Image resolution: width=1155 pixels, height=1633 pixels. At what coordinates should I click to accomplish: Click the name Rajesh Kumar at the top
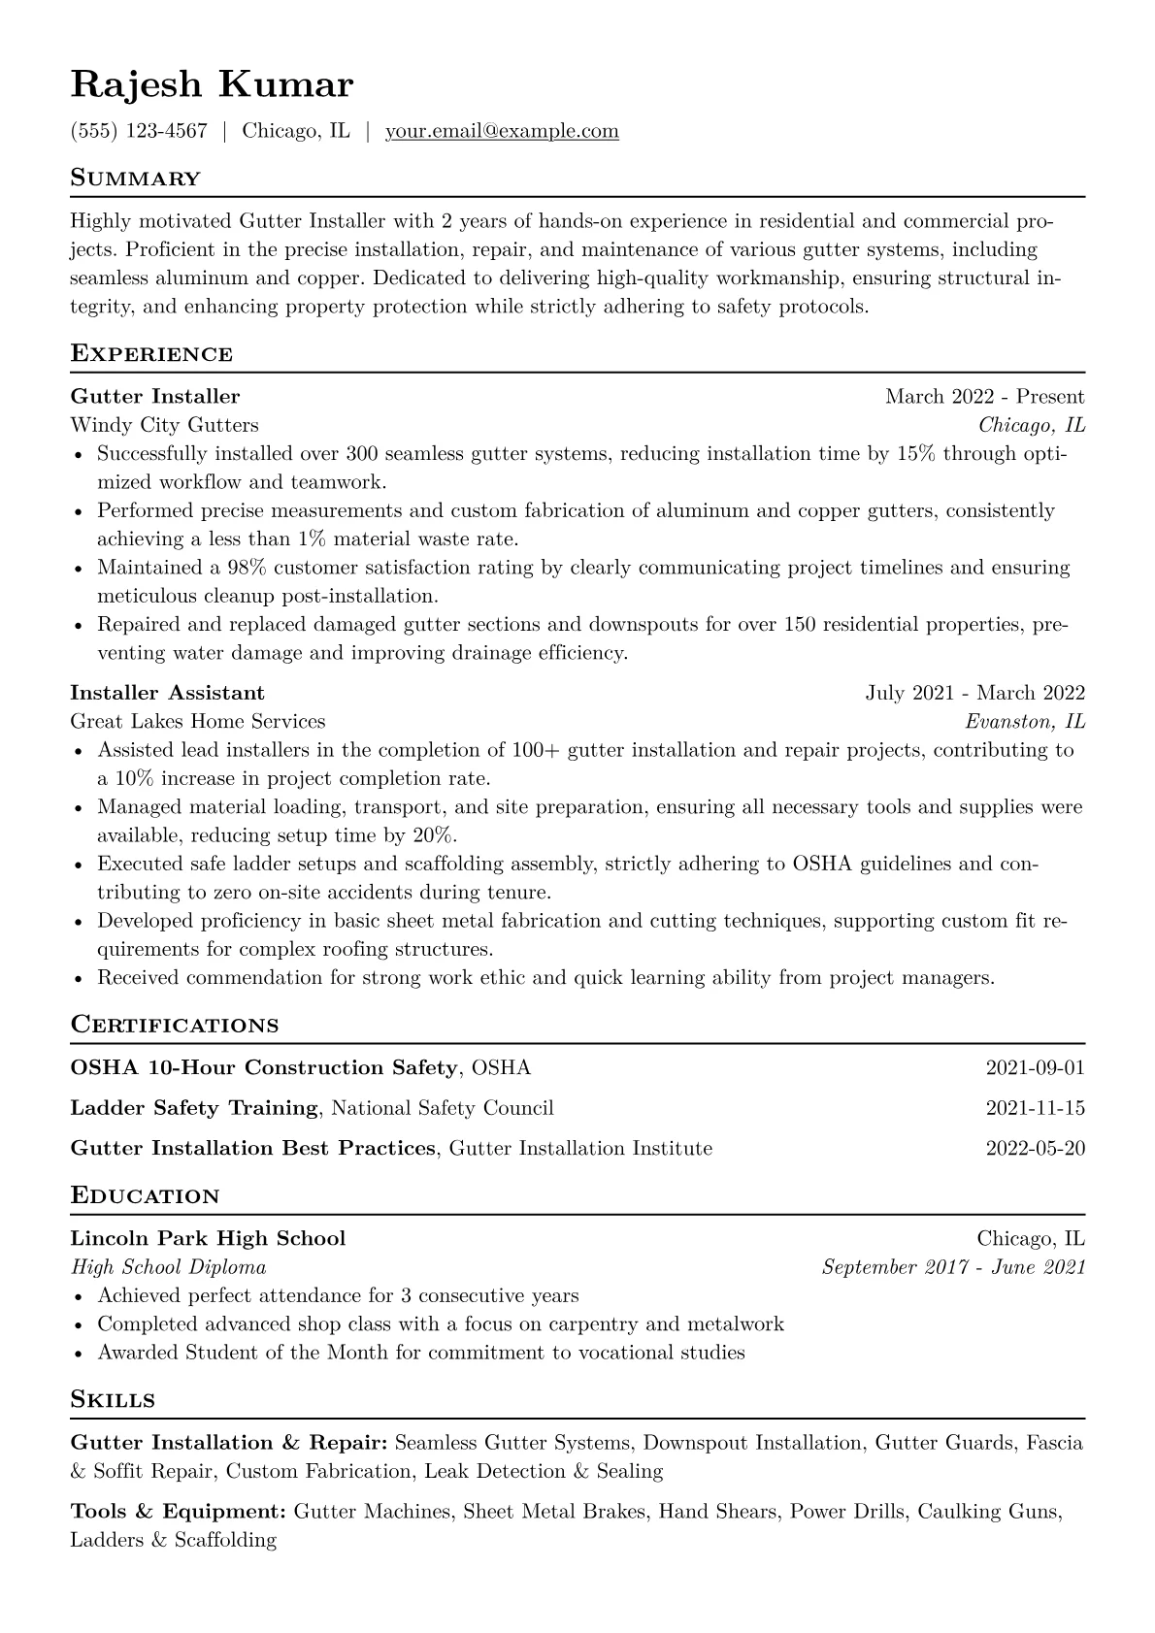(212, 84)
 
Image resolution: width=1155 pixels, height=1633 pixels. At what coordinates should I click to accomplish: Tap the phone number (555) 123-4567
(139, 131)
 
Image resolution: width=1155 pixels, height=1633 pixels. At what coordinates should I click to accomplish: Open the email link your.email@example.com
(502, 131)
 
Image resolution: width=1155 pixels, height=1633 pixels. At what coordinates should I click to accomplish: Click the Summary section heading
(135, 179)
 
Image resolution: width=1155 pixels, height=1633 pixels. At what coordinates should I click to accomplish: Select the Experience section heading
(151, 353)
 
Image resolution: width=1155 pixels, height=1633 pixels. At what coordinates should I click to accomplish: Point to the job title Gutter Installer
(155, 396)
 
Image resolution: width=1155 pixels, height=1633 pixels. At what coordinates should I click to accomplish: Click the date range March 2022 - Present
(984, 396)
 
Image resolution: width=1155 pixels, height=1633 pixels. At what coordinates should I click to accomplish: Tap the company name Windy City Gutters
(164, 425)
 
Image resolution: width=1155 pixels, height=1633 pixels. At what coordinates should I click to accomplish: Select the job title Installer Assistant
(167, 693)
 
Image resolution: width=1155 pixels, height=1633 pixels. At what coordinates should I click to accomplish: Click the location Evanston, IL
(1025, 721)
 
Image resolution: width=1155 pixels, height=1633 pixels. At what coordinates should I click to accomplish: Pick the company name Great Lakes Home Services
(198, 721)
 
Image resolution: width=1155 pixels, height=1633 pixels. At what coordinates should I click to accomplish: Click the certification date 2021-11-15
(1035, 1108)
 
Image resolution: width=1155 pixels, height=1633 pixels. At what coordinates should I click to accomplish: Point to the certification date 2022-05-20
(1035, 1149)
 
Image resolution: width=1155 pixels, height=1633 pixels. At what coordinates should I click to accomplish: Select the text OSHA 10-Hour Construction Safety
(264, 1068)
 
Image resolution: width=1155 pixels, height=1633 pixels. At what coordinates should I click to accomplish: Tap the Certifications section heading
(175, 1025)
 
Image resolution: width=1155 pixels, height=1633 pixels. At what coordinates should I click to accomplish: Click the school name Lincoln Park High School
(208, 1238)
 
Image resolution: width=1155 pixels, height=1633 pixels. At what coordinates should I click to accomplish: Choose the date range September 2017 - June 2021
(953, 1267)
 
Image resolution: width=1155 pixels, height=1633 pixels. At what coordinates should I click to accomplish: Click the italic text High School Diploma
(168, 1267)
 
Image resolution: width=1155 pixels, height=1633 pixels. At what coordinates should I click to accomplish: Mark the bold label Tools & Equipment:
(178, 1512)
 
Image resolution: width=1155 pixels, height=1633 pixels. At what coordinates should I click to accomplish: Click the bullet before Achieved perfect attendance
(78, 1296)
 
